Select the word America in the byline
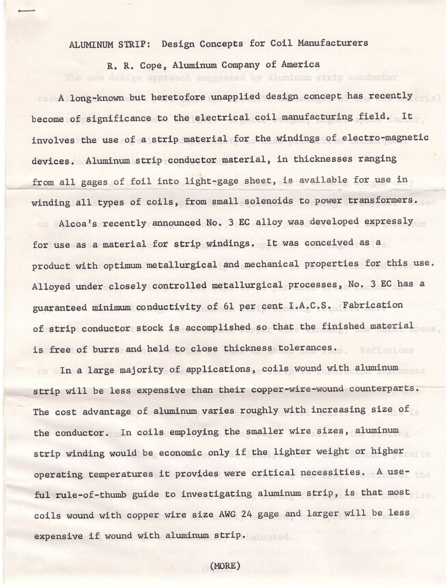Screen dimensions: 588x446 click(299, 65)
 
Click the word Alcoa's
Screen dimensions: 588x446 click(78, 223)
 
